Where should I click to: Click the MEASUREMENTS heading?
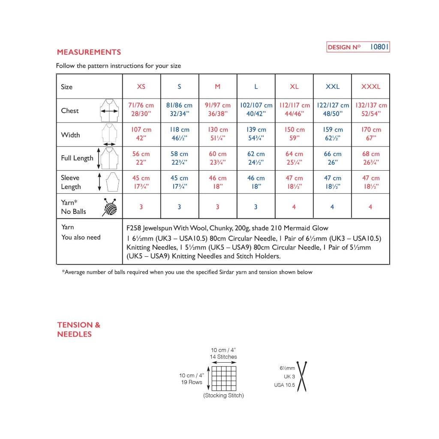pyautogui.click(x=89, y=52)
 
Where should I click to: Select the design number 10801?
pyautogui.click(x=379, y=47)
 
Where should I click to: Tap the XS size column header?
pyautogui.click(x=141, y=87)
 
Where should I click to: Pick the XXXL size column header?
pyautogui.click(x=371, y=87)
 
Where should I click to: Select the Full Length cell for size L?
pyautogui.click(x=256, y=158)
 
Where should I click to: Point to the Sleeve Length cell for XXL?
pyautogui.click(x=332, y=182)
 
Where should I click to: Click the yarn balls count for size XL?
pyautogui.click(x=294, y=207)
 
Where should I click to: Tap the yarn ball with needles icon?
pyautogui.click(x=109, y=207)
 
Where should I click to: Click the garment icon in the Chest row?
pyautogui.click(x=109, y=111)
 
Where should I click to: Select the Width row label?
pyautogui.click(x=70, y=135)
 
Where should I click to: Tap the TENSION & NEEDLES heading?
pyautogui.click(x=78, y=329)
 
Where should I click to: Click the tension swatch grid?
pyautogui.click(x=224, y=378)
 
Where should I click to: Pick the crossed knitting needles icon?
pyautogui.click(x=302, y=376)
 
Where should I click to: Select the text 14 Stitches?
pyautogui.click(x=223, y=357)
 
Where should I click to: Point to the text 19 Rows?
pyautogui.click(x=192, y=382)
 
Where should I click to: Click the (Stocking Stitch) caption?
pyautogui.click(x=223, y=395)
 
